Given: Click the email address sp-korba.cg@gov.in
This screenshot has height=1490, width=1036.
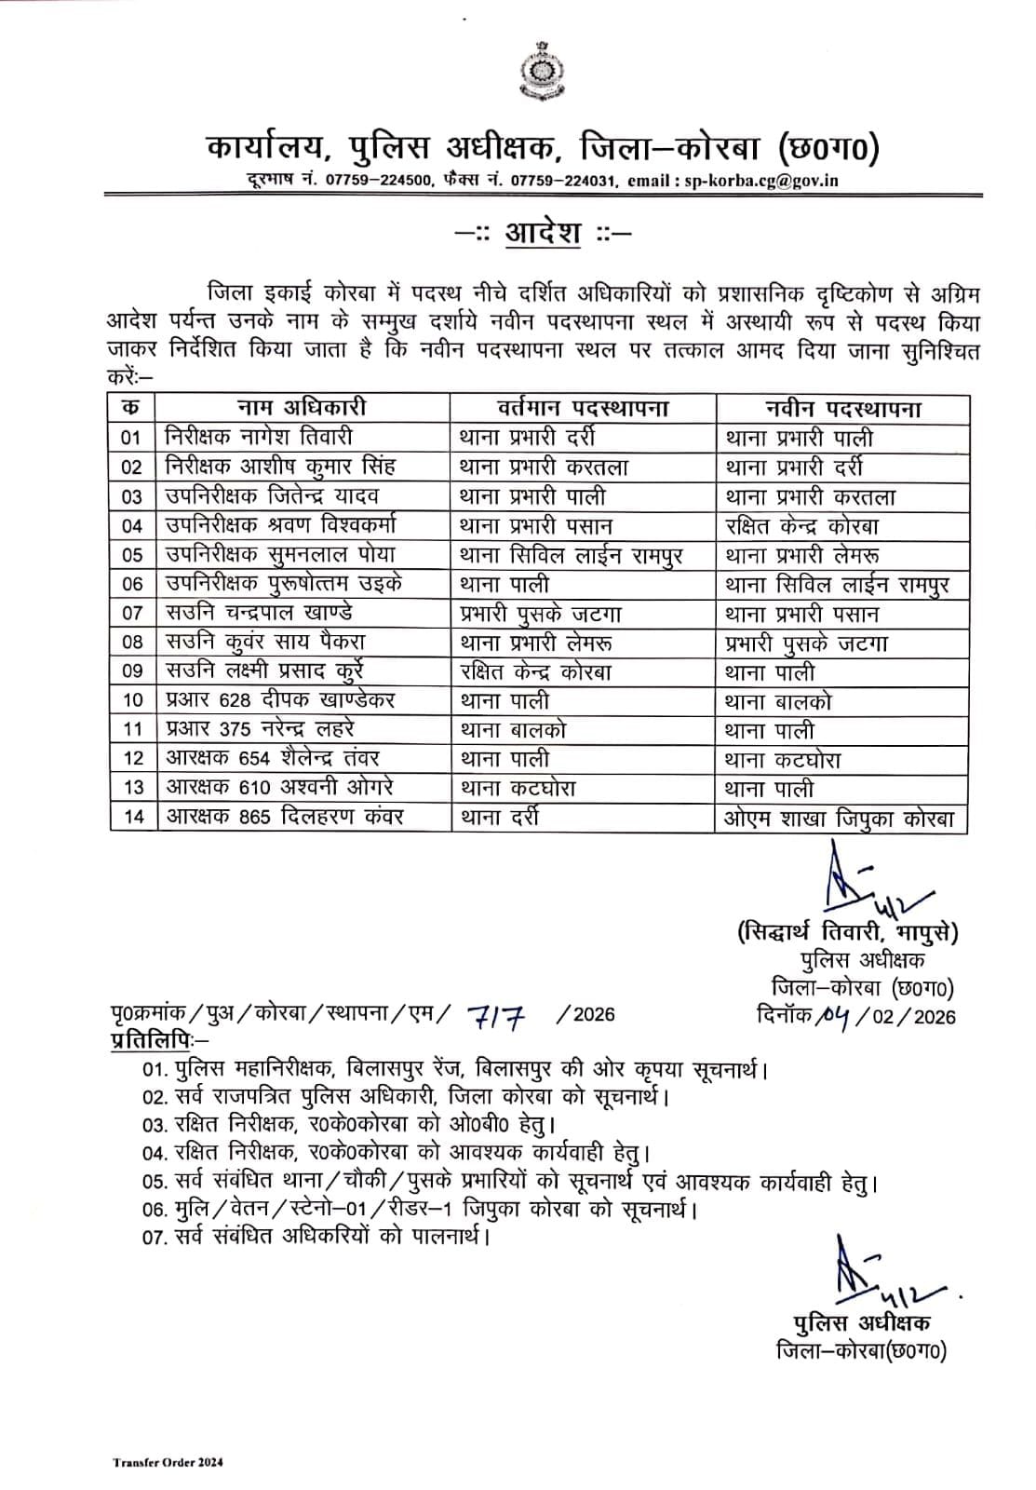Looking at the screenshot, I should (760, 181).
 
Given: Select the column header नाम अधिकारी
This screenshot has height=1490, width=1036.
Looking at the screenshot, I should (301, 408).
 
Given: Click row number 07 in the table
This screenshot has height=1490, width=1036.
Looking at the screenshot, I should (132, 613).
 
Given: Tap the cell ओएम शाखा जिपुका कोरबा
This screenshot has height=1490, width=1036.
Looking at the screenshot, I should (841, 819).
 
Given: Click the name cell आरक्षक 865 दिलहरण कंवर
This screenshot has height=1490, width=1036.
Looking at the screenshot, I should (285, 817).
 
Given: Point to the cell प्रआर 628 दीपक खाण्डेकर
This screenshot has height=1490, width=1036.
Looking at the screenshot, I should (280, 700).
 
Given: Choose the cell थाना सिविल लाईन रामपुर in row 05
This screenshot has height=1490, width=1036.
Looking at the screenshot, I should (572, 555).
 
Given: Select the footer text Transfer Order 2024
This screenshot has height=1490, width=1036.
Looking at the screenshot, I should (168, 1462).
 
